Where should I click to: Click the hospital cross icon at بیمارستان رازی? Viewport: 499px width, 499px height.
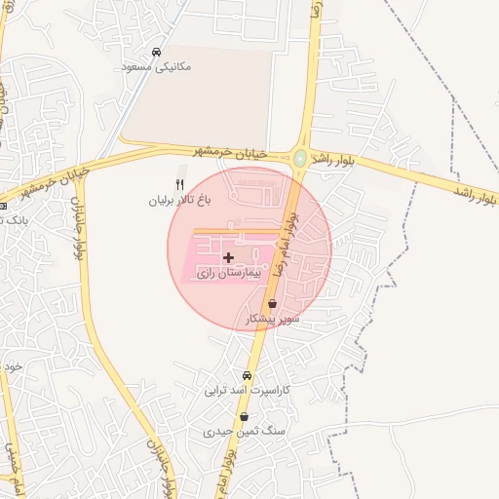point(228,257)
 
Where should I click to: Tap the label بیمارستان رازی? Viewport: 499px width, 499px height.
point(231,275)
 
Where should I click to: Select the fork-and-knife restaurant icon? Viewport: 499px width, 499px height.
point(178,184)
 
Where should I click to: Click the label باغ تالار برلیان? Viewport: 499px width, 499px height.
point(179,200)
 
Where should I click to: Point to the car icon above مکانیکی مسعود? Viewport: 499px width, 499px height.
point(157,52)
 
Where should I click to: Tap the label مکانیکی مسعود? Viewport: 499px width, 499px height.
point(157,67)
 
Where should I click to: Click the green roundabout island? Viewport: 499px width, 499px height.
point(300,157)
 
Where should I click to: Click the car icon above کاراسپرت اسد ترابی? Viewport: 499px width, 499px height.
point(248,375)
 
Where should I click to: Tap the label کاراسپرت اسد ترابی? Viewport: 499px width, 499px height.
point(248,390)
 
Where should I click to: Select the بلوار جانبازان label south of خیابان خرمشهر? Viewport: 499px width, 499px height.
point(77,226)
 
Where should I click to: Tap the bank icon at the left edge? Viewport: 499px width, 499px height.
point(3,206)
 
